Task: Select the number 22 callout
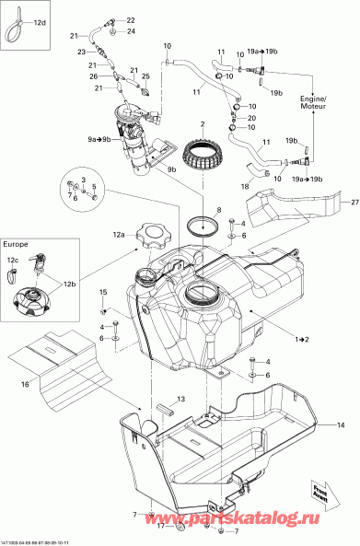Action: (x=130, y=19)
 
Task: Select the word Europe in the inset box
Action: (x=16, y=246)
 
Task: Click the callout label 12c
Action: (x=13, y=261)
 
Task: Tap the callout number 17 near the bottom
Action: (x=160, y=527)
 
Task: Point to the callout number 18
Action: (x=245, y=186)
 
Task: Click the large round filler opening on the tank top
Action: (x=201, y=296)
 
